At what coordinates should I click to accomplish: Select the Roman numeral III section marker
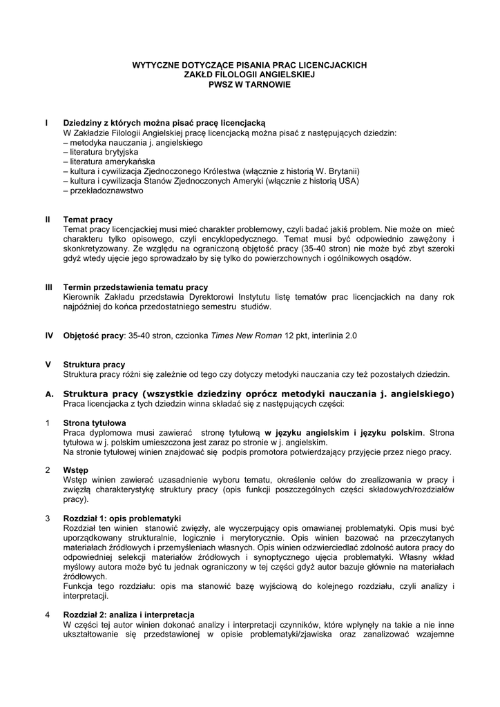pyautogui.click(x=49, y=287)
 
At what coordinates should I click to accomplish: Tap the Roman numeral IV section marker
pyautogui.click(x=49, y=336)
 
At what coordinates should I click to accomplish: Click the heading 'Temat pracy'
pyautogui.click(x=88, y=219)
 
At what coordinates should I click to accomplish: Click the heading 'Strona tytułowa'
pyautogui.click(x=95, y=423)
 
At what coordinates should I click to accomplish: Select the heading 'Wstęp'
pyautogui.click(x=75, y=470)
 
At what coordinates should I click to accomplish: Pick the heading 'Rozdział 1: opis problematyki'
pyautogui.click(x=122, y=518)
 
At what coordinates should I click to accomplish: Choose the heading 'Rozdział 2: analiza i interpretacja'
pyautogui.click(x=128, y=614)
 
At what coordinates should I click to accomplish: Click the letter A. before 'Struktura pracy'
pyautogui.click(x=48, y=394)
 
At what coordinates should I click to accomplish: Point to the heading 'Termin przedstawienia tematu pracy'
pyautogui.click(x=135, y=287)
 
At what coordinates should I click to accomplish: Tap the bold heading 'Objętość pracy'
pyautogui.click(x=93, y=336)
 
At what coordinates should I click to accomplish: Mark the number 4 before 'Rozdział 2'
pyautogui.click(x=47, y=614)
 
